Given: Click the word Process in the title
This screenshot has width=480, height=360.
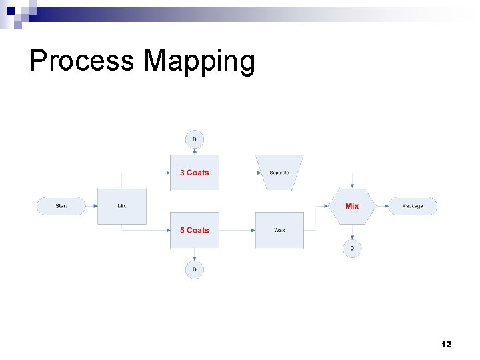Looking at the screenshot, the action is [x=81, y=61].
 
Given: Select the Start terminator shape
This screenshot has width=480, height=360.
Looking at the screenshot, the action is [x=61, y=206].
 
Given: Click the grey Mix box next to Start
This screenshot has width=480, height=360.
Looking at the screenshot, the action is [x=122, y=206].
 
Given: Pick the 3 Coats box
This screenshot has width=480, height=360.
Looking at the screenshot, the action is [x=194, y=173].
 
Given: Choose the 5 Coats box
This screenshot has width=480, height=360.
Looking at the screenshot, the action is [x=194, y=230].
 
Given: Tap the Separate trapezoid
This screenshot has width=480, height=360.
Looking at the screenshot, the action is [x=279, y=173].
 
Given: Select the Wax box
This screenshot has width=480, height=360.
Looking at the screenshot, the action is [x=279, y=230].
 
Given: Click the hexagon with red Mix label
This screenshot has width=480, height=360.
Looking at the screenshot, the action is [x=352, y=206].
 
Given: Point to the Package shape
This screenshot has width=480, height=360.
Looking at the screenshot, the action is [x=413, y=206].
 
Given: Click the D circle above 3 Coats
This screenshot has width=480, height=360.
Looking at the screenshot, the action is [x=194, y=139].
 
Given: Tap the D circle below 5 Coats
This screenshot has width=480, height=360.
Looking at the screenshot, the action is [x=194, y=269].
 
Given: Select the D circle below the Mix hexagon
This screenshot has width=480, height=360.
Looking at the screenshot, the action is [x=352, y=249].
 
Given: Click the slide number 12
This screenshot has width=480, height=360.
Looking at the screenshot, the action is [x=446, y=345].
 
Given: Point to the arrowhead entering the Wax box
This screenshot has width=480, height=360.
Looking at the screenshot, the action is [x=253, y=230].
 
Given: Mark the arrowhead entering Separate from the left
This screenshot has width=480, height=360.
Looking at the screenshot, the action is [x=259, y=173].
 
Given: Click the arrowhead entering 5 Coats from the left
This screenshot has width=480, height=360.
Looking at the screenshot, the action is [x=167, y=230].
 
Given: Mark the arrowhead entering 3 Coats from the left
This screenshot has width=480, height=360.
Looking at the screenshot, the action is [x=167, y=173].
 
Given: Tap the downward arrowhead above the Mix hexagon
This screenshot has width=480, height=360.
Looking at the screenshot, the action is [x=352, y=187].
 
